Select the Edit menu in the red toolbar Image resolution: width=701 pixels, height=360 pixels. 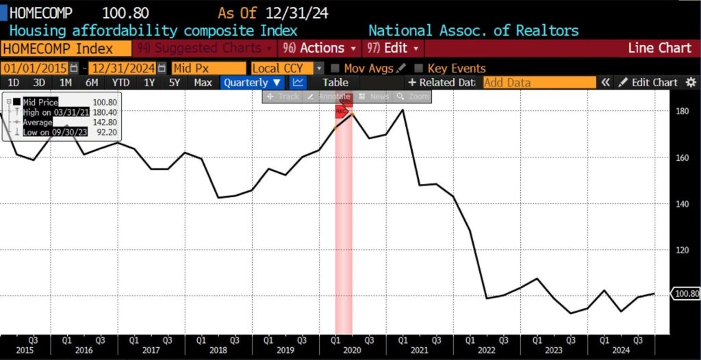click(x=395, y=49)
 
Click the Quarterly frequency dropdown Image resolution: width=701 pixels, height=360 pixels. click(x=251, y=82)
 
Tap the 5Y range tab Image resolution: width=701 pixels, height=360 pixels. click(x=175, y=82)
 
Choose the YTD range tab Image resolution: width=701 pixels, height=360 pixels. click(x=121, y=82)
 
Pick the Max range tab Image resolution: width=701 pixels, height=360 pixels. click(x=203, y=82)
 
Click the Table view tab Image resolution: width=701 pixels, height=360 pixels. click(x=335, y=82)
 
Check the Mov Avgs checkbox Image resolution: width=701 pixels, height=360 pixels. click(x=335, y=68)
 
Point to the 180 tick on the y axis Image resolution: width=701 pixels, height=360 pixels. click(x=681, y=111)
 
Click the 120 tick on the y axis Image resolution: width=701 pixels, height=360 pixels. click(x=681, y=250)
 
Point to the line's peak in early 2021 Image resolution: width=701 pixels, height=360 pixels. click(x=402, y=110)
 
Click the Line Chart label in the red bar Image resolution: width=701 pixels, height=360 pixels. click(x=659, y=49)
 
